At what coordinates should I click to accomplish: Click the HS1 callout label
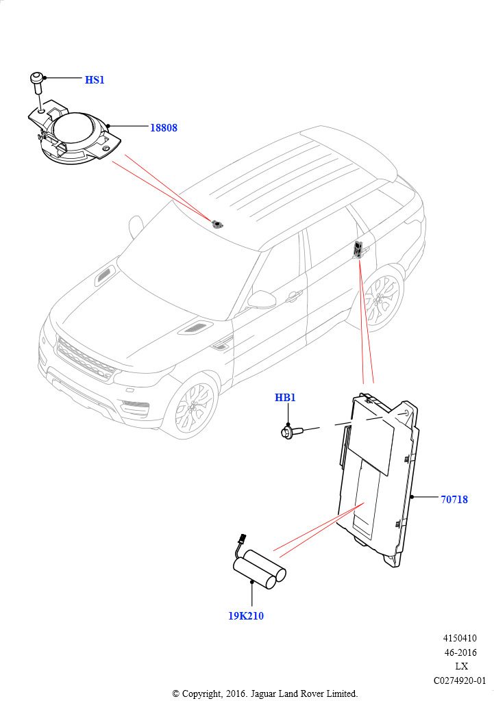tap(95, 80)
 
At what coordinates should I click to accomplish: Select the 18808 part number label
tap(163, 128)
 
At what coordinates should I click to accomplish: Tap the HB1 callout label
tap(285, 398)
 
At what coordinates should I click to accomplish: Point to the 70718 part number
tap(454, 499)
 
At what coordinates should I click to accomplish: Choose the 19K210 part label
tap(246, 616)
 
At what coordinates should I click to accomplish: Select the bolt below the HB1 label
tap(292, 432)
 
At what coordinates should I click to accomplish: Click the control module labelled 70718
tap(378, 481)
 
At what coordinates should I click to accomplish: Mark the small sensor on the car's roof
tap(217, 224)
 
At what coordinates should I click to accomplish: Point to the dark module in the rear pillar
tap(359, 249)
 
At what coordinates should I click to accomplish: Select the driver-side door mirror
tap(261, 300)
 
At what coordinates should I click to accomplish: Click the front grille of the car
tap(85, 359)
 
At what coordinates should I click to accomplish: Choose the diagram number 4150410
tap(460, 639)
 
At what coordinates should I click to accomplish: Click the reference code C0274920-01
tap(460, 681)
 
